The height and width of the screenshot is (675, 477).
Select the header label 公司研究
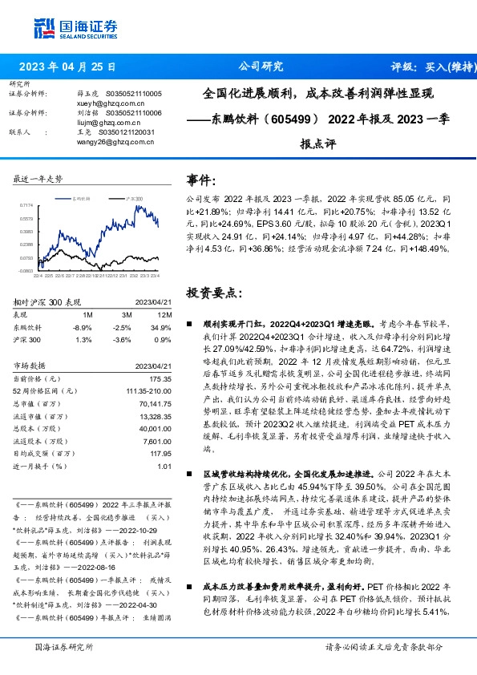[261, 67]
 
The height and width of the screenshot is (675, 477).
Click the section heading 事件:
[201, 180]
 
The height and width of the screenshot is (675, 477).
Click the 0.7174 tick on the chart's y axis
[26, 205]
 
